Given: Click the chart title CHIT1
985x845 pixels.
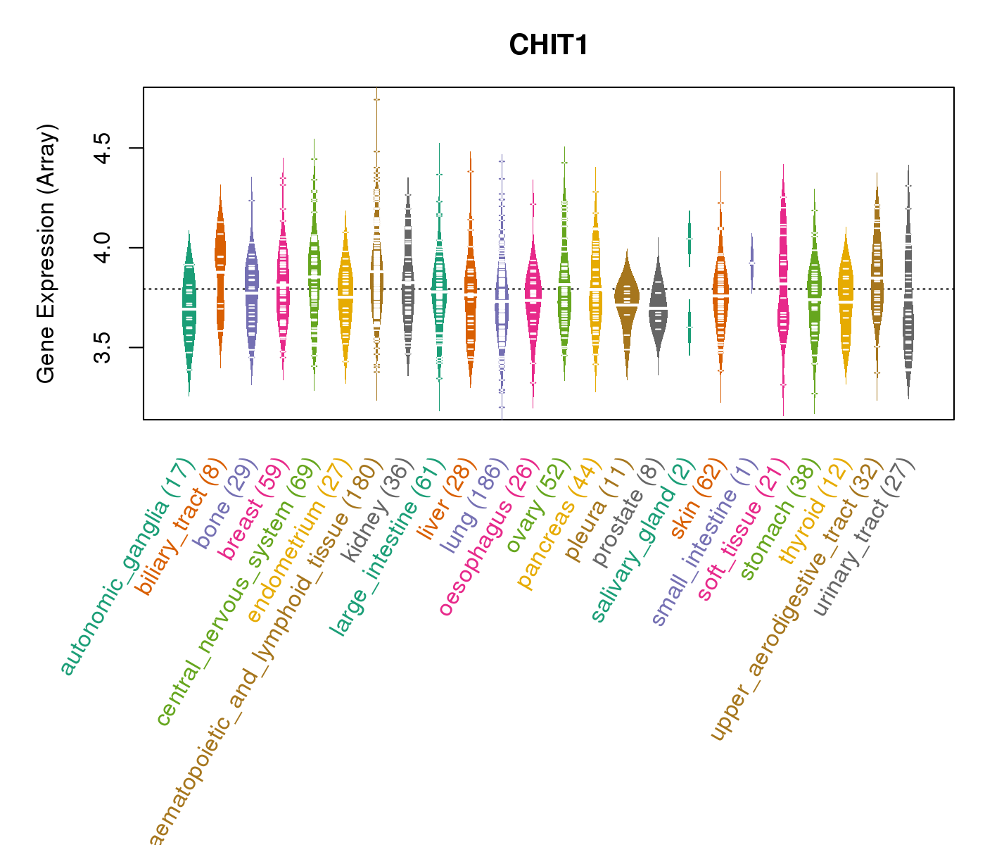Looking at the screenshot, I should tap(548, 45).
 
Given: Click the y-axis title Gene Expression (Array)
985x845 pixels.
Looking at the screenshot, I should tap(46, 254).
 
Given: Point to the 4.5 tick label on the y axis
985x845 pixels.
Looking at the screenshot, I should tap(104, 148).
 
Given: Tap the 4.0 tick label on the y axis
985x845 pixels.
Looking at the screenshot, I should tap(104, 248).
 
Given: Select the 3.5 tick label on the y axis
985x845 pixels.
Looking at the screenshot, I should tap(104, 347).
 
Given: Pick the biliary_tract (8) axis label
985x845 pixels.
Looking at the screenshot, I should tap(181, 526).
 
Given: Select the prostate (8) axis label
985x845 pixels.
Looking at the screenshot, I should tap(627, 514).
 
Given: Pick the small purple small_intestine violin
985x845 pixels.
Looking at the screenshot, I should tap(752, 262).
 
